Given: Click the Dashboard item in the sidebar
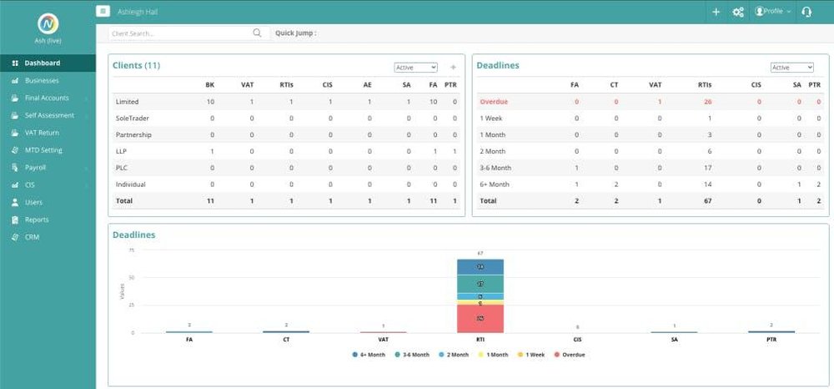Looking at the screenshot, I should pyautogui.click(x=43, y=63).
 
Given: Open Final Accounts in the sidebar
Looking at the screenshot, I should pyautogui.click(x=47, y=98).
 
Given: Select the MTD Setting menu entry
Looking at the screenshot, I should pyautogui.click(x=43, y=150).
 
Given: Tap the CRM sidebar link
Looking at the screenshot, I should pyautogui.click(x=33, y=237).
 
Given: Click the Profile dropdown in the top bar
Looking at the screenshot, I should pyautogui.click(x=773, y=12).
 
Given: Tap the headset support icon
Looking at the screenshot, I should pyautogui.click(x=806, y=12).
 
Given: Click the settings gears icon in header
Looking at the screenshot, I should pyautogui.click(x=738, y=12).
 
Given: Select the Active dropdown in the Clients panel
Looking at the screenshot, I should pyautogui.click(x=416, y=68).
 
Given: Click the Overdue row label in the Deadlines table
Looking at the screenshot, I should pyautogui.click(x=494, y=102).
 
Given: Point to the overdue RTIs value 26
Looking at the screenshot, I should pyautogui.click(x=707, y=102).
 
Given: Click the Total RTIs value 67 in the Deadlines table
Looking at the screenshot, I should pyautogui.click(x=707, y=200).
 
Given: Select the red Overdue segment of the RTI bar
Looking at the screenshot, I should pyautogui.click(x=480, y=318).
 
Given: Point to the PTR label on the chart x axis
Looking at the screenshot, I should pyautogui.click(x=771, y=340).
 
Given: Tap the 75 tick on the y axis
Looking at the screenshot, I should pyautogui.click(x=131, y=250).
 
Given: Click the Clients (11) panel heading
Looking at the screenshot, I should pyautogui.click(x=136, y=65).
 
